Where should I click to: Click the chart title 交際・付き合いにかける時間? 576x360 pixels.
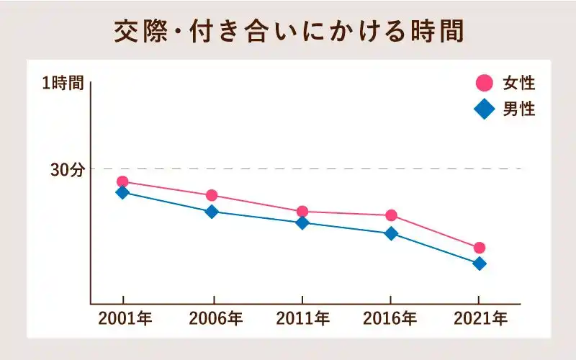pyautogui.click(x=288, y=32)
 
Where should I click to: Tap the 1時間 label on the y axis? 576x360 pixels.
pyautogui.click(x=63, y=84)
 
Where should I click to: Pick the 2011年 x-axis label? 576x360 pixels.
pyautogui.click(x=303, y=318)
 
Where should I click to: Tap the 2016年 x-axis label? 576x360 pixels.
pyautogui.click(x=390, y=318)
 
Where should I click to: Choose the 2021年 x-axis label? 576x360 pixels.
pyautogui.click(x=480, y=318)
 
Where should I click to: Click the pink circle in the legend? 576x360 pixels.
pyautogui.click(x=485, y=84)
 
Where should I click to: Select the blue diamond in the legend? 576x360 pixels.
pyautogui.click(x=485, y=109)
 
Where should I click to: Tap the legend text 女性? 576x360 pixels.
pyautogui.click(x=518, y=84)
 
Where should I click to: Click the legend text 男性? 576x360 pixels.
pyautogui.click(x=518, y=109)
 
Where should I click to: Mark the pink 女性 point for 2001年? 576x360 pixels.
pyautogui.click(x=122, y=182)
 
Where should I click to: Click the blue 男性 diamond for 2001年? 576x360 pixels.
pyautogui.click(x=122, y=192)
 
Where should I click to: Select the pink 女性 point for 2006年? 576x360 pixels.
pyautogui.click(x=212, y=196)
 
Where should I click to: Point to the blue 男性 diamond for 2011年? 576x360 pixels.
pyautogui.click(x=302, y=222)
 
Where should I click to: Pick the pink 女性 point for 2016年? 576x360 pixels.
pyautogui.click(x=391, y=215)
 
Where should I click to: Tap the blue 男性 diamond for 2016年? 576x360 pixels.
pyautogui.click(x=391, y=233)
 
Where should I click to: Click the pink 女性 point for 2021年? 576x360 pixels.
pyautogui.click(x=479, y=248)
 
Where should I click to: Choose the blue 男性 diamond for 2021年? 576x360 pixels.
pyautogui.click(x=479, y=264)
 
